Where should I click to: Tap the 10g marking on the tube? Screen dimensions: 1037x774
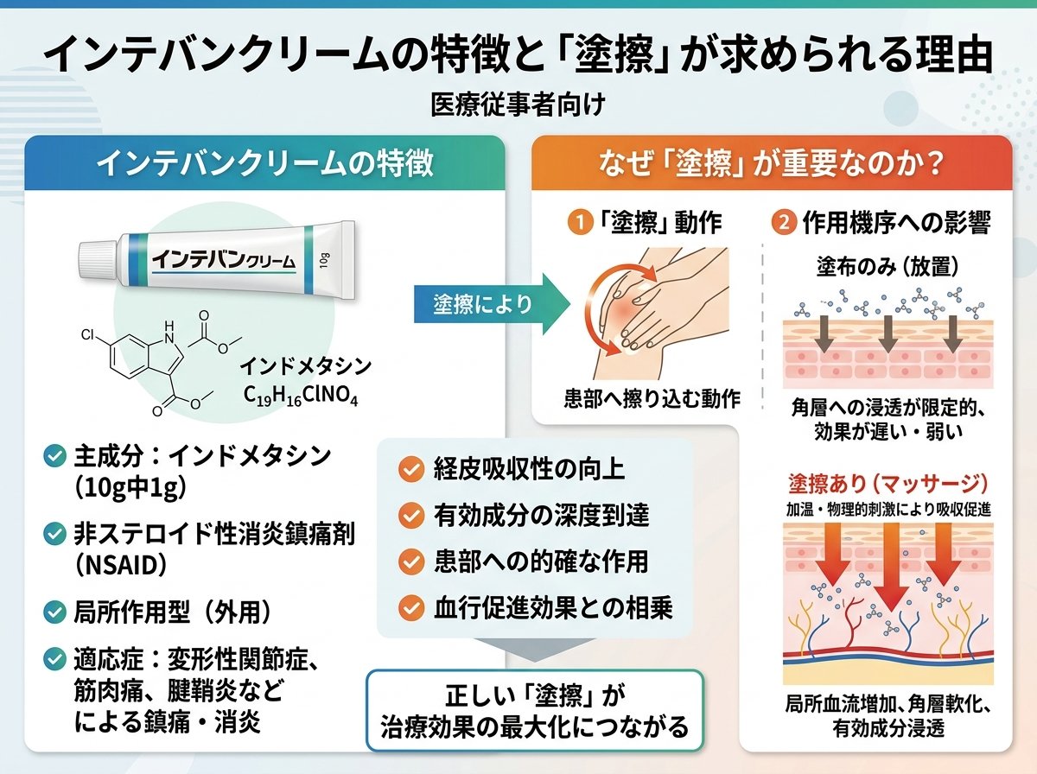pos(325,261)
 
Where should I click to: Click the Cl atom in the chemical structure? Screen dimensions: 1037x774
pos(88,335)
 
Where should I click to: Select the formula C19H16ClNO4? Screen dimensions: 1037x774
pos(301,396)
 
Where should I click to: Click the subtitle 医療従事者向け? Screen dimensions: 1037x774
pos(518,105)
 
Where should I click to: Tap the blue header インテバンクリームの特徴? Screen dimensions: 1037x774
pos(264,163)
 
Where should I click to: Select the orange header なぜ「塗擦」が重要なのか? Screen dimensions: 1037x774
pos(772,163)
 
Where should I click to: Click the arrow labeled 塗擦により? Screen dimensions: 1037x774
pos(493,304)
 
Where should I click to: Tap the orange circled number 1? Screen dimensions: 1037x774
pos(581,222)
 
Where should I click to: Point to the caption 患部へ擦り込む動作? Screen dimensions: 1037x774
pos(652,399)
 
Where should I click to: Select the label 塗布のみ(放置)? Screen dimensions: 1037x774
pos(887,267)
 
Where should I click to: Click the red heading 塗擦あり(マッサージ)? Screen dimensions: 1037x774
pos(887,483)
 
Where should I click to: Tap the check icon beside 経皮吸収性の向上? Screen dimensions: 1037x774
pos(411,469)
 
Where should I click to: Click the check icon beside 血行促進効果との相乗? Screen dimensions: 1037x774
pos(411,608)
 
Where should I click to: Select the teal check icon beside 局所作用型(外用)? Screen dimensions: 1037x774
pos(54,612)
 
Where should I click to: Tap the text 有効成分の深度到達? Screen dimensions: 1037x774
pos(542,515)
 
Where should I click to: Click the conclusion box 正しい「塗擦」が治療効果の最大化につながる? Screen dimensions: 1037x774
pos(535,710)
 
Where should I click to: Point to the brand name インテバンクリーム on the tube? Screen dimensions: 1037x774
pos(223,260)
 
